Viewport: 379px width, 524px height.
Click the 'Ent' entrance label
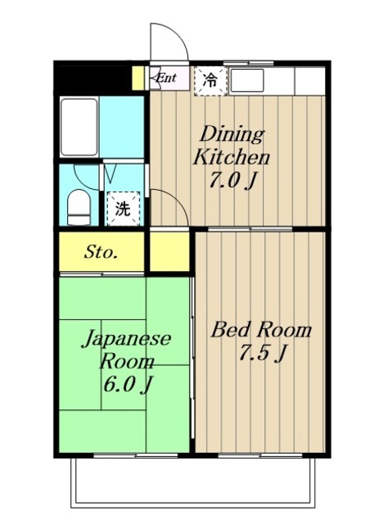(166, 79)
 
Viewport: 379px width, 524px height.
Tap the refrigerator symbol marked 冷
(210, 80)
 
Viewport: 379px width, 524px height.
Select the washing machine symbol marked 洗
(122, 208)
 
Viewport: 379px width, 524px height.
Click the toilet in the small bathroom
(78, 208)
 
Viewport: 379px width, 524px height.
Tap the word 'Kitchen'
(231, 158)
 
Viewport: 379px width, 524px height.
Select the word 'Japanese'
(125, 339)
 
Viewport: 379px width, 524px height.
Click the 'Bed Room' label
(262, 330)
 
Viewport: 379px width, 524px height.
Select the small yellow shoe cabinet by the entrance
(139, 79)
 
